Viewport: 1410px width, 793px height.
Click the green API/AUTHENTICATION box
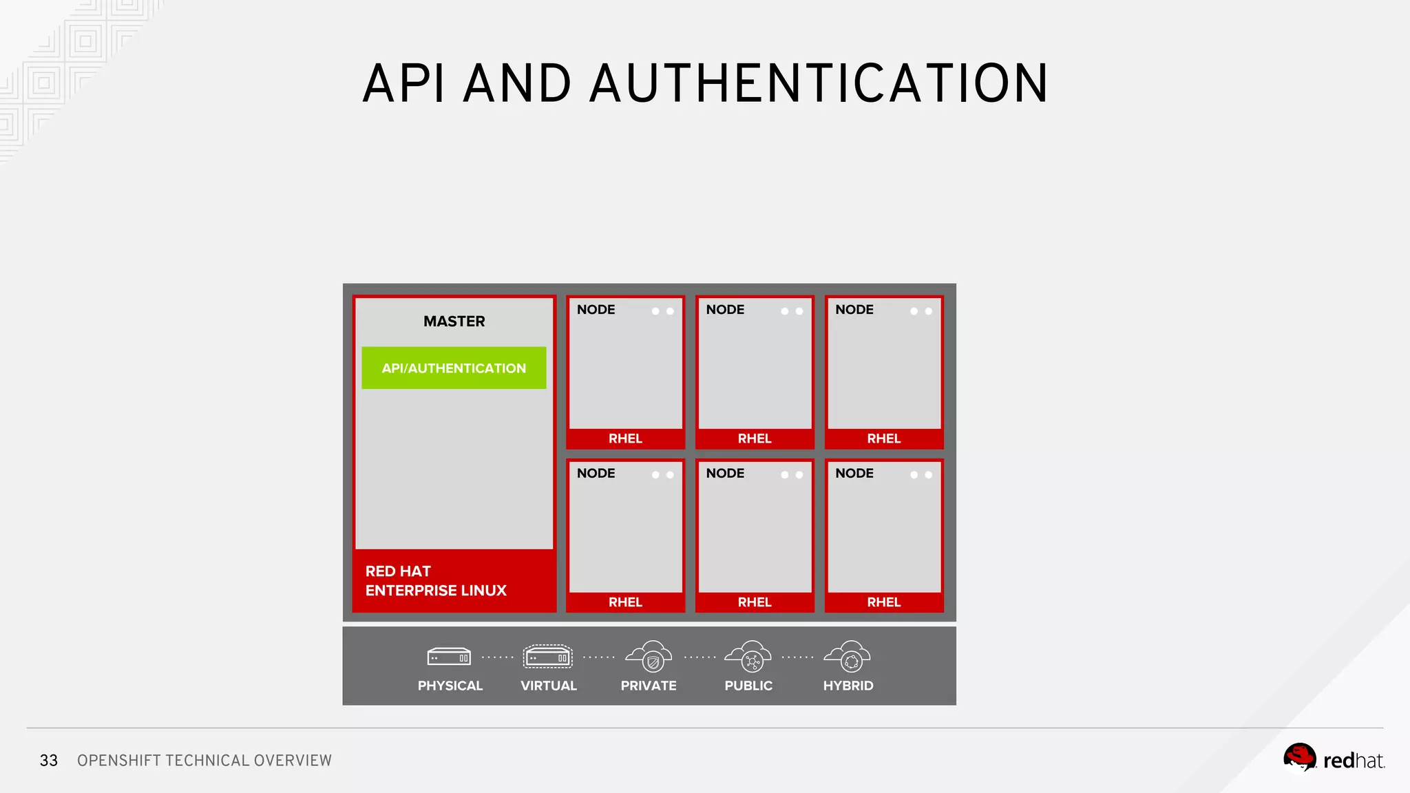point(454,368)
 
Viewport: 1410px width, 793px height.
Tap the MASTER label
point(454,321)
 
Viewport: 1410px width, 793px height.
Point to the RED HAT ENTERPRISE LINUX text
point(436,581)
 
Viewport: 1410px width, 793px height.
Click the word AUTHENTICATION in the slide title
point(819,84)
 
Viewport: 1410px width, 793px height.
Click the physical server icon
point(449,657)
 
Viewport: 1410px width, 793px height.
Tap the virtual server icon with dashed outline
point(547,657)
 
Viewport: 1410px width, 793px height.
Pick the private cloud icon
point(649,656)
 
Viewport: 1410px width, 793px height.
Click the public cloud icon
point(748,656)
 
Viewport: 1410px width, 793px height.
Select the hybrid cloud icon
point(848,656)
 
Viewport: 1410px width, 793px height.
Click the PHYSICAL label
point(450,686)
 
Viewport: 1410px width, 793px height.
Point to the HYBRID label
point(848,686)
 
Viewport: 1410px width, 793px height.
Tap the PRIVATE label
point(649,686)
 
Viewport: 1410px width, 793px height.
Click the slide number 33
point(49,761)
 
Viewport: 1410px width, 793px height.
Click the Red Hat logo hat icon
point(1299,758)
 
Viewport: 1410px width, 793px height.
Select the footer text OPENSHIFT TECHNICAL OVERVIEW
point(204,761)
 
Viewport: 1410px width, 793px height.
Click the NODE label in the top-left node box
point(596,310)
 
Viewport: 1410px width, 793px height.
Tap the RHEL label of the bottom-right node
point(884,602)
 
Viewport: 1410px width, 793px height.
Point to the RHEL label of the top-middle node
point(755,438)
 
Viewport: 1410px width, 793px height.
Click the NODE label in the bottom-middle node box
point(725,474)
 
